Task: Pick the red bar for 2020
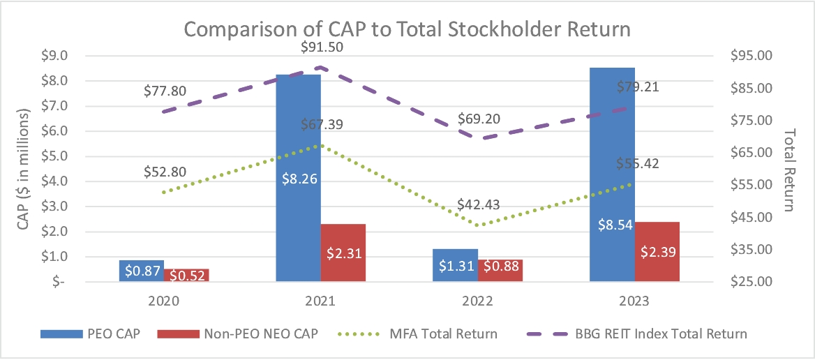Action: click(186, 275)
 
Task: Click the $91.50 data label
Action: click(322, 47)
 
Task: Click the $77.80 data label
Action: click(165, 91)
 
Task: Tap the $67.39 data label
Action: click(322, 125)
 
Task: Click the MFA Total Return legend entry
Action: click(443, 333)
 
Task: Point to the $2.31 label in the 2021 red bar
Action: click(343, 252)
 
